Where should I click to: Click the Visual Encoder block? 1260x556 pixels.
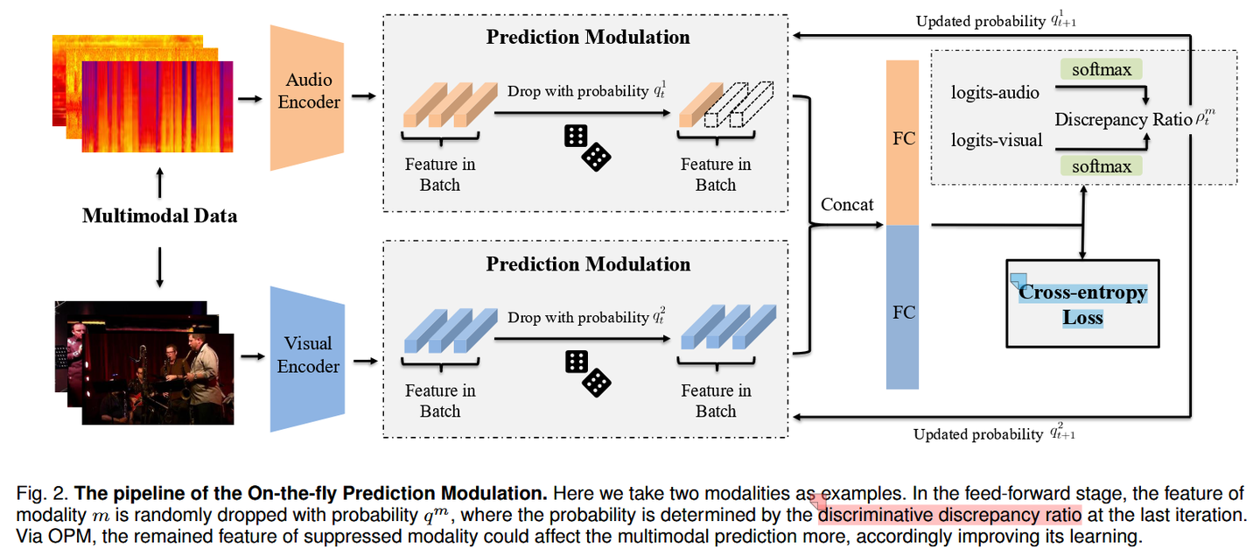point(308,355)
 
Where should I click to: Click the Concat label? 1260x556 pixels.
point(847,205)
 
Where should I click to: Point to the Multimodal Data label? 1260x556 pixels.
point(159,215)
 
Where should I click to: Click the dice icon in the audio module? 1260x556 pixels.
point(587,146)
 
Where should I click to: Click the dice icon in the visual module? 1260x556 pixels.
point(587,373)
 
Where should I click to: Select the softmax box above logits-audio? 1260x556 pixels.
point(1101,70)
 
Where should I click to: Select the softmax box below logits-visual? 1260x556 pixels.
point(1101,165)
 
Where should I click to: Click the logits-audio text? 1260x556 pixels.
point(995,93)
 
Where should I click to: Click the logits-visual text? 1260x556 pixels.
point(997,140)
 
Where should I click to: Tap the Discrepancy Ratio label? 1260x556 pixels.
point(1123,119)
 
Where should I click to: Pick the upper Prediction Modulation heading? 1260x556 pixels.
point(587,37)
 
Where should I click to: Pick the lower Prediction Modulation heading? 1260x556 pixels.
point(587,264)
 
